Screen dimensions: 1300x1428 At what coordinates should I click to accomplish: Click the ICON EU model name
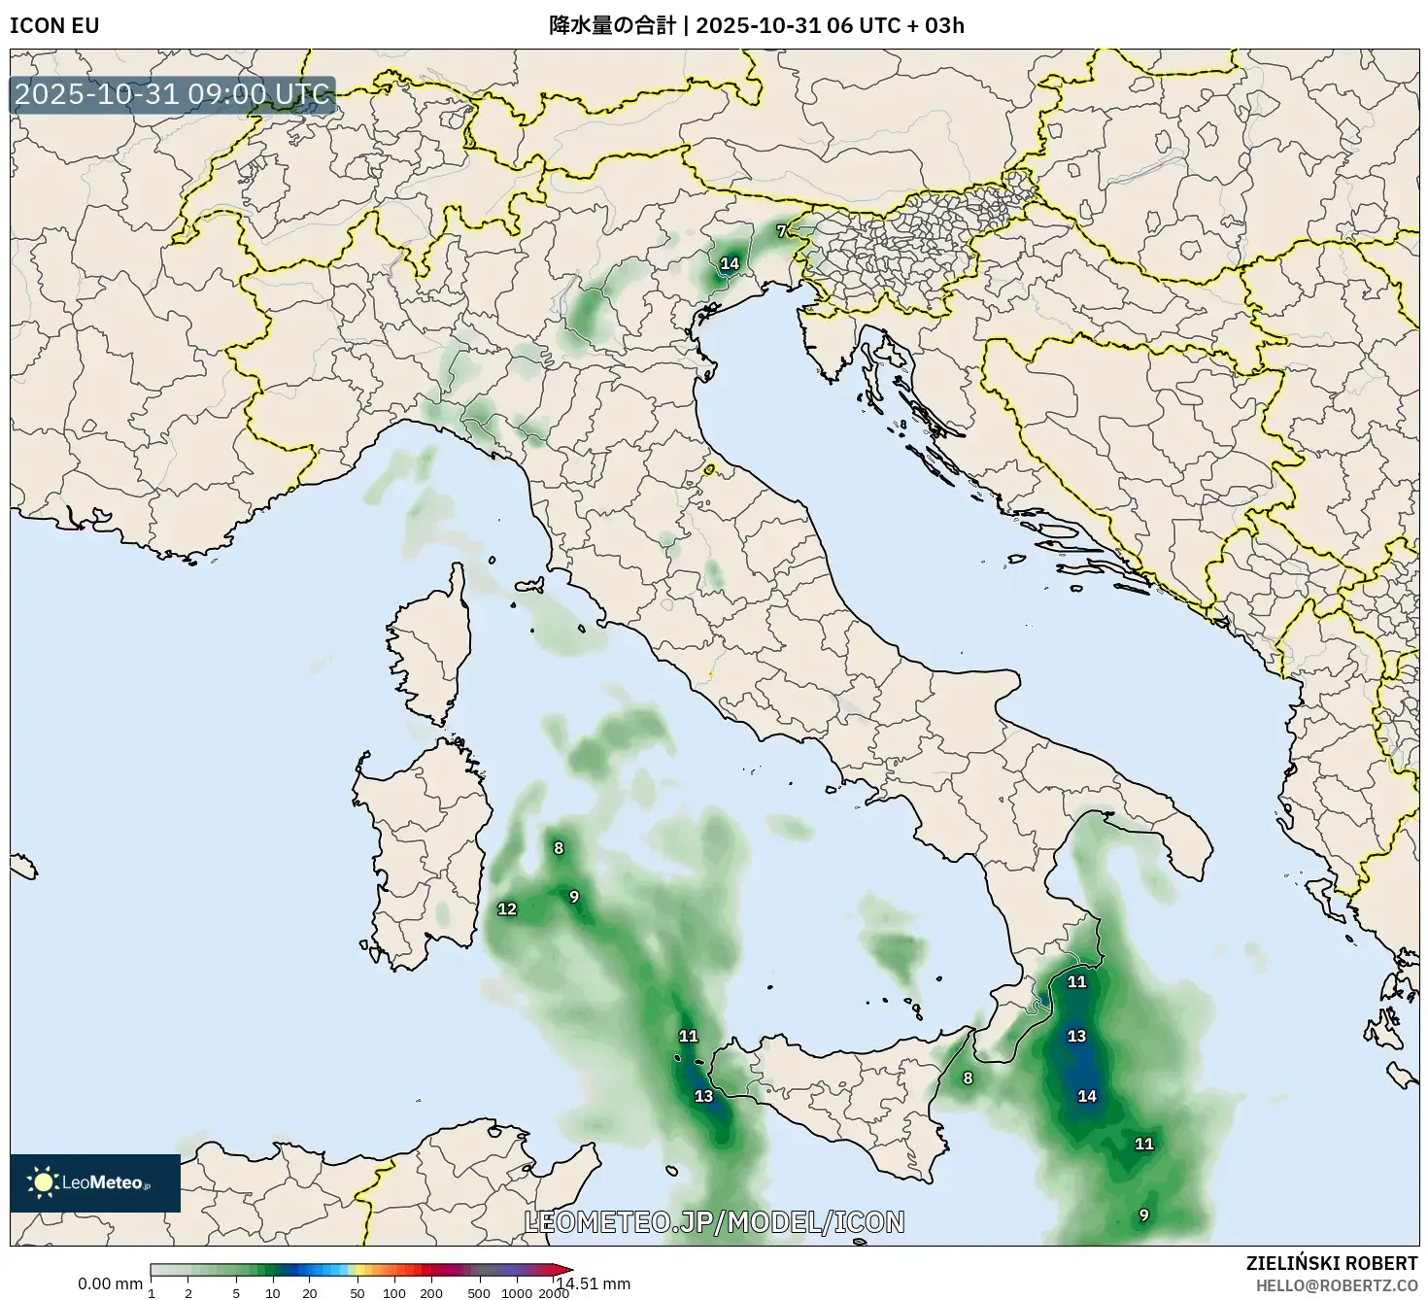pos(54,25)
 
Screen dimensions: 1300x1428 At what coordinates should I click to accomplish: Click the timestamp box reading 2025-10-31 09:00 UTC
pos(173,94)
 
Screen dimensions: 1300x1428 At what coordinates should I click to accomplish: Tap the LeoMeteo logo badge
pos(95,1182)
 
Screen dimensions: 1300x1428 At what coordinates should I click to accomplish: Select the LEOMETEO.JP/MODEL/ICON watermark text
pos(714,1221)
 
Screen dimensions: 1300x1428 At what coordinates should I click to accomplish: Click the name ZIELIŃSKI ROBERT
pos(1332,1263)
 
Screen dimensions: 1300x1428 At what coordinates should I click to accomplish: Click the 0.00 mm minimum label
pos(110,1283)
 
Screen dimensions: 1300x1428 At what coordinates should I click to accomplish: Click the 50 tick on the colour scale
pos(357,1293)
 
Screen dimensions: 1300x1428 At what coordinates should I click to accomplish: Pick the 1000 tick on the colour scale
pos(517,1293)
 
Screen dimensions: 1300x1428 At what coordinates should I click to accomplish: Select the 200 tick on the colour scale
pos(431,1293)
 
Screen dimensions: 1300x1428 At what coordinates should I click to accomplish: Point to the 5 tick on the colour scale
pos(236,1293)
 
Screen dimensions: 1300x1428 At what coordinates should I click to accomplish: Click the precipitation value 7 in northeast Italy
pos(781,231)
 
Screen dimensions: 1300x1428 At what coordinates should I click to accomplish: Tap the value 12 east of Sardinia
pos(507,909)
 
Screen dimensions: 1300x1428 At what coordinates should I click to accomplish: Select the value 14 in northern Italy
pos(730,263)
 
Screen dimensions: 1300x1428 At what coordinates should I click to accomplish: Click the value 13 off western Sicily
pos(703,1096)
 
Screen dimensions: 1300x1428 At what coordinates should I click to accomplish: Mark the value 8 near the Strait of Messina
pos(968,1078)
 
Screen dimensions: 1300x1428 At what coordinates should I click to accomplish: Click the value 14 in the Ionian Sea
pos(1087,1096)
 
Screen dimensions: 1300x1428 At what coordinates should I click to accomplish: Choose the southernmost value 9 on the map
pos(1144,1214)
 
